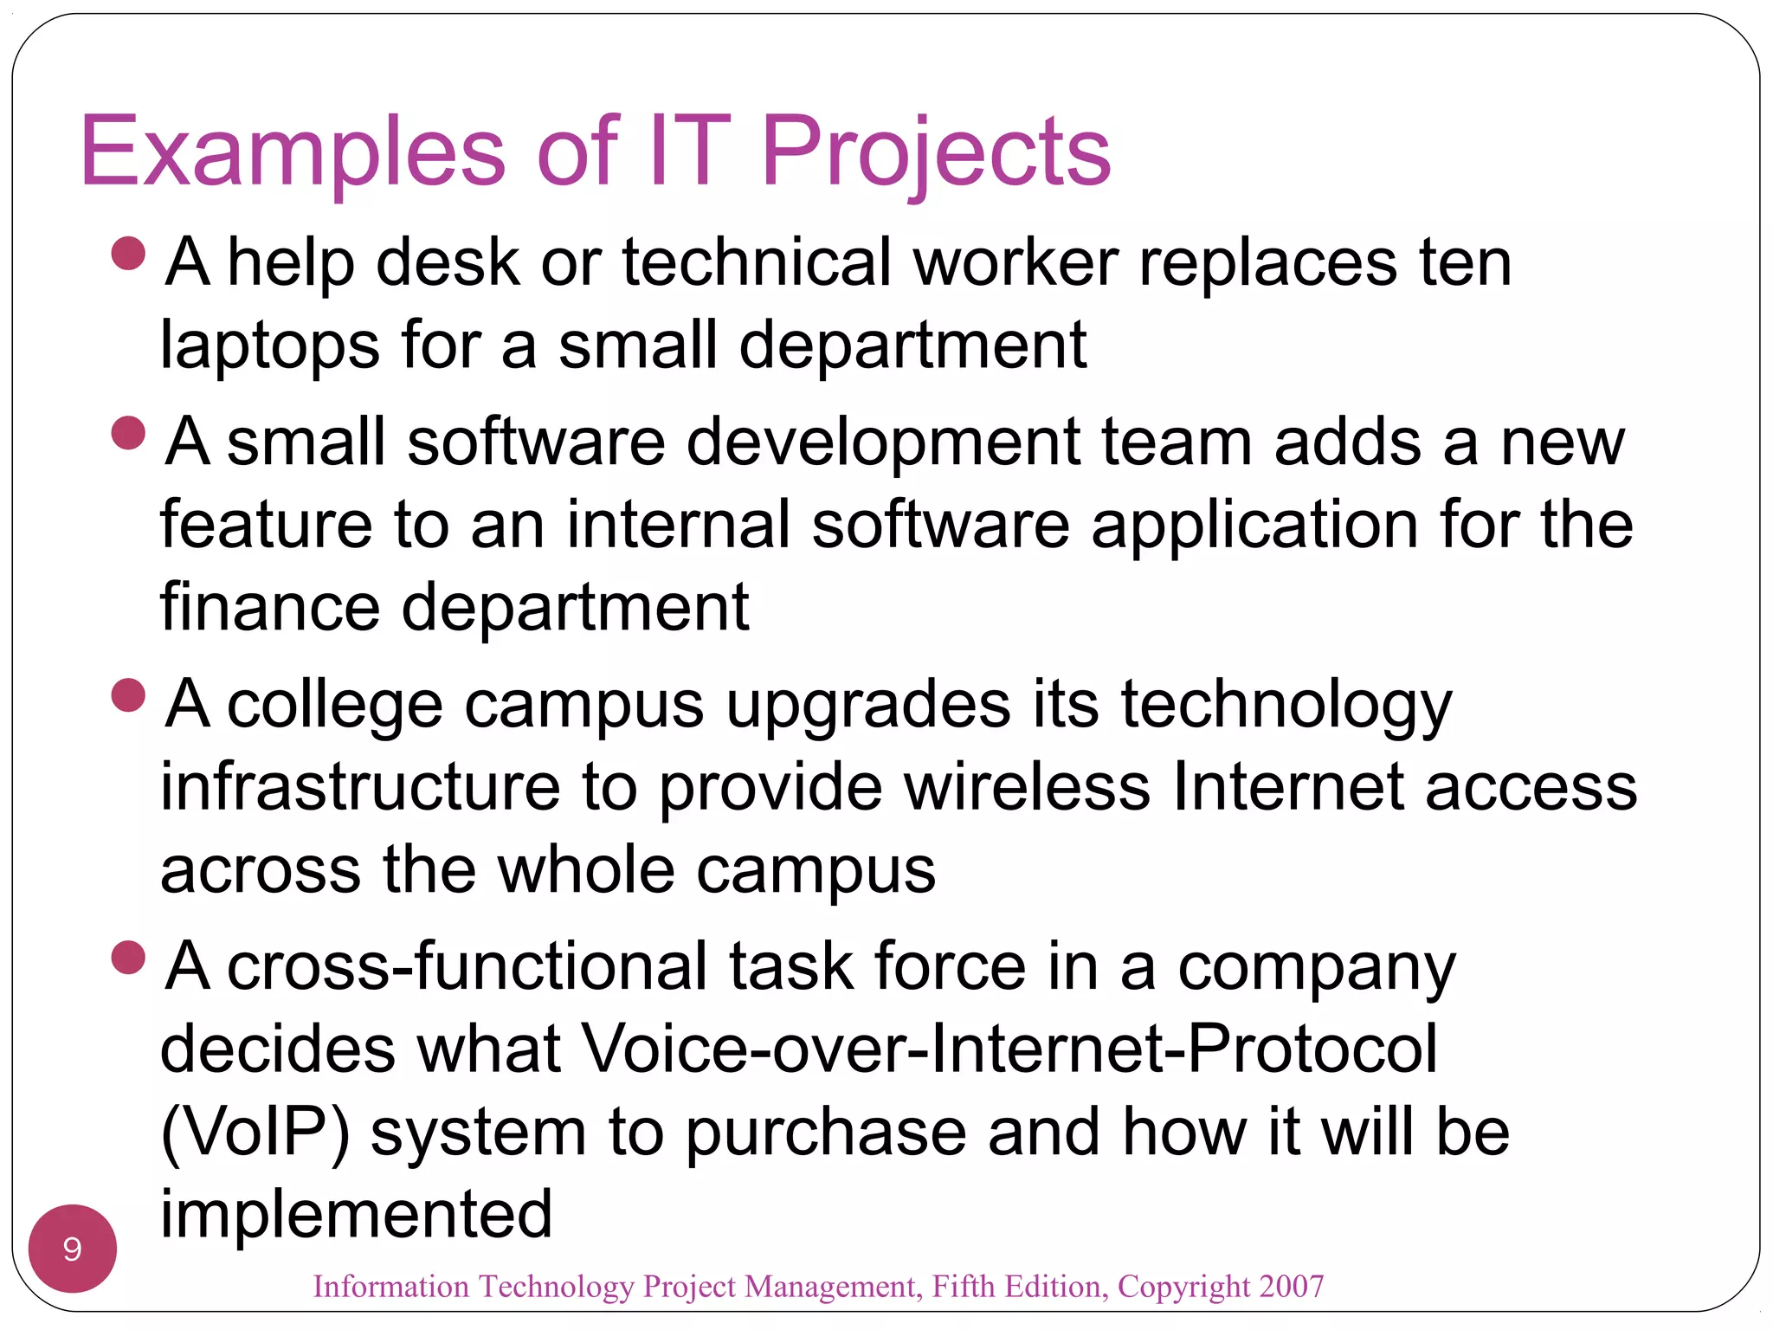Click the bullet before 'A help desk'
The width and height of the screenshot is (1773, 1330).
[128, 254]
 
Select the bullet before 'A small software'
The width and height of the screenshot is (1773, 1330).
[128, 433]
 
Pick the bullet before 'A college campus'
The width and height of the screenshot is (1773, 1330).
[128, 695]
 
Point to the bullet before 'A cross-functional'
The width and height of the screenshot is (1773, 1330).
[128, 958]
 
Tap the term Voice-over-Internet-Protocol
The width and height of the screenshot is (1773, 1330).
[1009, 1049]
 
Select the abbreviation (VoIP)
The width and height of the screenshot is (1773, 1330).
[255, 1133]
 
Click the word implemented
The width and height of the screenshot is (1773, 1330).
[356, 1214]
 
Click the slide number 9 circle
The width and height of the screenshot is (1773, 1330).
[73, 1249]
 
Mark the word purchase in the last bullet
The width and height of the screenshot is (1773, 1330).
[827, 1133]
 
